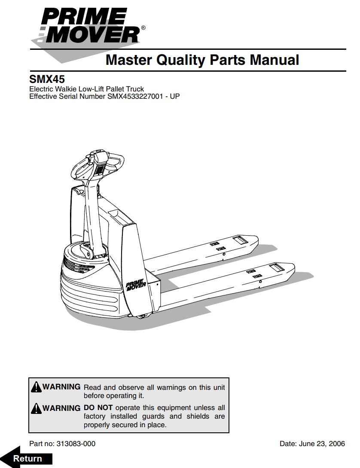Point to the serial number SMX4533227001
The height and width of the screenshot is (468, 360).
[x=137, y=96]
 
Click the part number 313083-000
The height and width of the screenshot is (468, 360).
[x=76, y=444]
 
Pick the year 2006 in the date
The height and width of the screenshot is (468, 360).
[x=337, y=444]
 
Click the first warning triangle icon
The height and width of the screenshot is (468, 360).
[x=36, y=387]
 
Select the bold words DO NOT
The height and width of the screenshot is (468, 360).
[x=98, y=407]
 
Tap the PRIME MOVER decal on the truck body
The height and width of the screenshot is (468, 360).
[x=136, y=285]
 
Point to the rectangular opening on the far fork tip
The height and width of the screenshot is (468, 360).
[x=241, y=240]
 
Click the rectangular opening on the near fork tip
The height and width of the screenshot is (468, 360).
[x=276, y=268]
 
